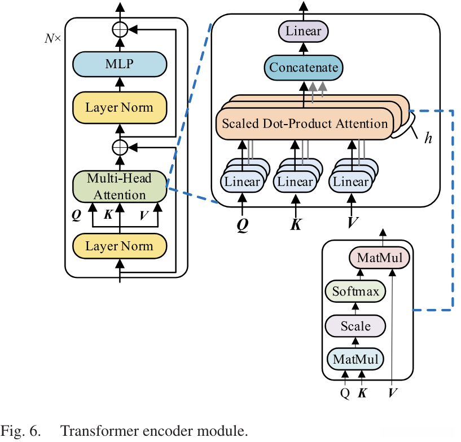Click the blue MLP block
pos(119,64)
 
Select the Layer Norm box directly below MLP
pos(119,107)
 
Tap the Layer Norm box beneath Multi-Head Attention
pos(119,246)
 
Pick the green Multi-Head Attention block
pos(120,187)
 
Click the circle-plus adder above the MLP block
pos(119,29)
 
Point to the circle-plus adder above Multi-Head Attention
pos(119,147)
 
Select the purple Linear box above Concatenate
pos(303,31)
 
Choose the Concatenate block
pos(304,68)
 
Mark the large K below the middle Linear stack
pos(296,224)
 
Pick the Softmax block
pos(355,292)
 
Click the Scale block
pos(355,326)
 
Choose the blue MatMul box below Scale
pos(355,359)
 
